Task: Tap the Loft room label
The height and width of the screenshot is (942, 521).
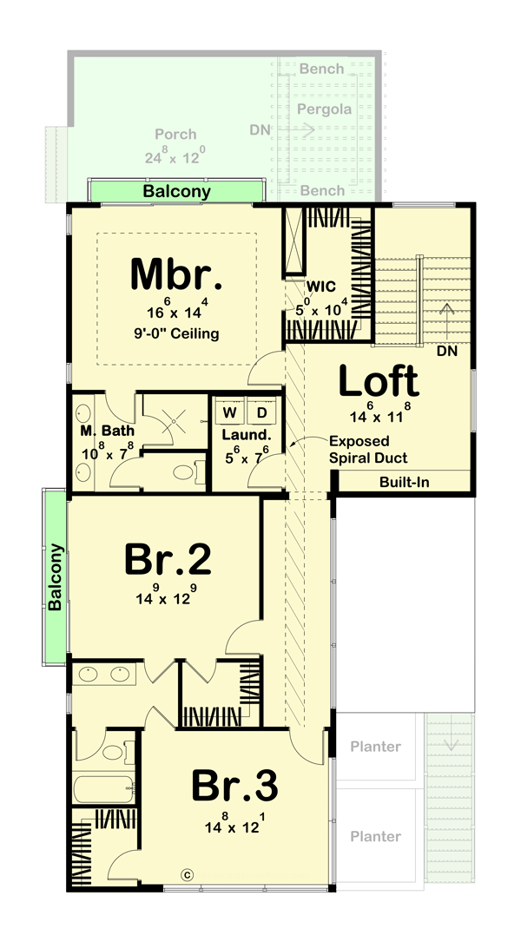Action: (x=378, y=381)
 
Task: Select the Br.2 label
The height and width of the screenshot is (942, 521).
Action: (x=168, y=560)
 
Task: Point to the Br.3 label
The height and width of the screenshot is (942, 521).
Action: (x=234, y=787)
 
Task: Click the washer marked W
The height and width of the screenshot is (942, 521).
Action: (x=230, y=411)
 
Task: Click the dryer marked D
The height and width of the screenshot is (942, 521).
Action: (x=260, y=411)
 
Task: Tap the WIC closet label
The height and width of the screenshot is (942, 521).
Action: (x=314, y=285)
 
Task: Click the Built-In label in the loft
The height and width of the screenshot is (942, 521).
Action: (x=404, y=482)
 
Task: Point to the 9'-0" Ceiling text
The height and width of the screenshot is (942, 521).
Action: (x=177, y=333)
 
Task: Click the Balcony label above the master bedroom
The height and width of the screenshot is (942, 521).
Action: (x=176, y=191)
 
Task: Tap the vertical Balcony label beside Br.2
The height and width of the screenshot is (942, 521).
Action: (x=55, y=577)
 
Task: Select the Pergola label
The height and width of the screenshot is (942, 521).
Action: (x=324, y=109)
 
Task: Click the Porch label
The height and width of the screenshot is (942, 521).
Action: (x=175, y=135)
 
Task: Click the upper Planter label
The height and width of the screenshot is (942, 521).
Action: (x=376, y=746)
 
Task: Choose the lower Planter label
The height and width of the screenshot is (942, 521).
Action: (x=376, y=836)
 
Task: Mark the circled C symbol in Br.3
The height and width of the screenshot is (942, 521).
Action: (x=185, y=875)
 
